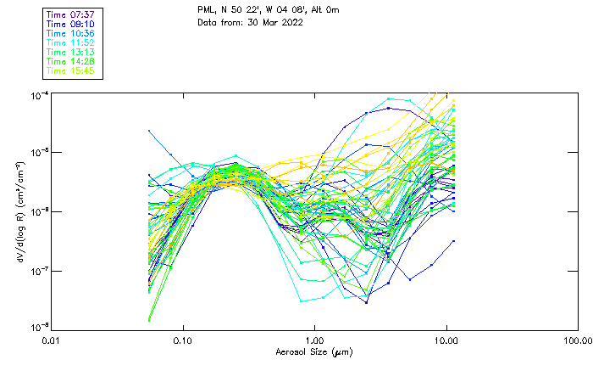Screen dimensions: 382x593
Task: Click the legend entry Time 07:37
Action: point(70,14)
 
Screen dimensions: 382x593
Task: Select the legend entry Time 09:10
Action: point(70,24)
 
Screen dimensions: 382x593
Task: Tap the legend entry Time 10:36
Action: point(70,33)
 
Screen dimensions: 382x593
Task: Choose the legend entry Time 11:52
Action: point(70,42)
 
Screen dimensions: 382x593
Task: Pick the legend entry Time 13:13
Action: point(70,52)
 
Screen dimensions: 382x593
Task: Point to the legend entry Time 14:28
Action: point(70,61)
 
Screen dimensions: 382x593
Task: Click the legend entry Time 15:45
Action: point(70,70)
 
